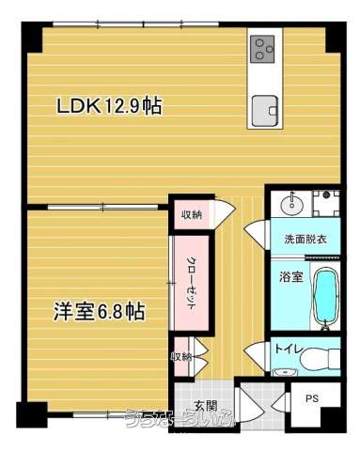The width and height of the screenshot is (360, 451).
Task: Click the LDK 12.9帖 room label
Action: point(109,105)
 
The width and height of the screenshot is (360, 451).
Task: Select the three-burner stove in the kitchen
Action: point(263,47)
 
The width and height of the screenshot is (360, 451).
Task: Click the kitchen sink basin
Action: point(263,108)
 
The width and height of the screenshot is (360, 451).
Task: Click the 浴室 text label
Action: point(291,278)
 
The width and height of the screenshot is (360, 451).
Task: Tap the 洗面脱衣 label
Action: point(305,239)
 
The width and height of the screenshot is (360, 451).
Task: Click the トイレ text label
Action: point(287,350)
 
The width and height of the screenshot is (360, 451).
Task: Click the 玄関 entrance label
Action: point(205,406)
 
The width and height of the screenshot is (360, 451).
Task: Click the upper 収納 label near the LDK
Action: point(191,214)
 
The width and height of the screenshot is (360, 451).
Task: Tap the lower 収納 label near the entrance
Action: point(181,357)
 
